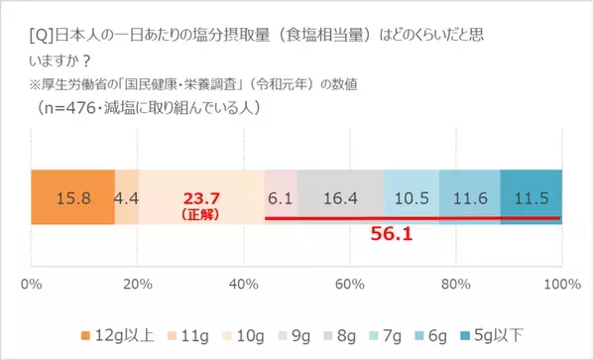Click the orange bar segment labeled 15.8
72,197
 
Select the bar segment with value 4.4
127,197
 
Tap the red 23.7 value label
201,195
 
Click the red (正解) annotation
201,211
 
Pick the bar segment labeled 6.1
279,197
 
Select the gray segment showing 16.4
339,197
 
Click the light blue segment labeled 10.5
411,197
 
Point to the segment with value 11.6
469,197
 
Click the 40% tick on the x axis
243,287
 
